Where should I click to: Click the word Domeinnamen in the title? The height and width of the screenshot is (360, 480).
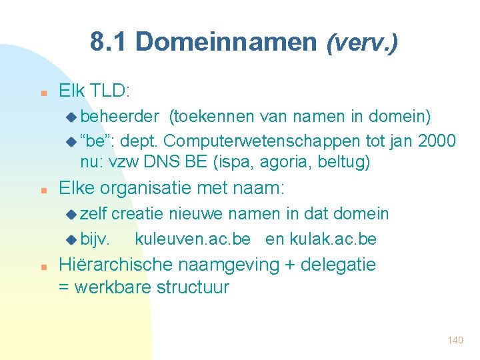pos(225,42)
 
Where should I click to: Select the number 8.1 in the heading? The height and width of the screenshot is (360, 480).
pos(109,42)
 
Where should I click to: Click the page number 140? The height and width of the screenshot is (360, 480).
pos(455,340)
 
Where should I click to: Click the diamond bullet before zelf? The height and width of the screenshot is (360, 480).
pos(71,215)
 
